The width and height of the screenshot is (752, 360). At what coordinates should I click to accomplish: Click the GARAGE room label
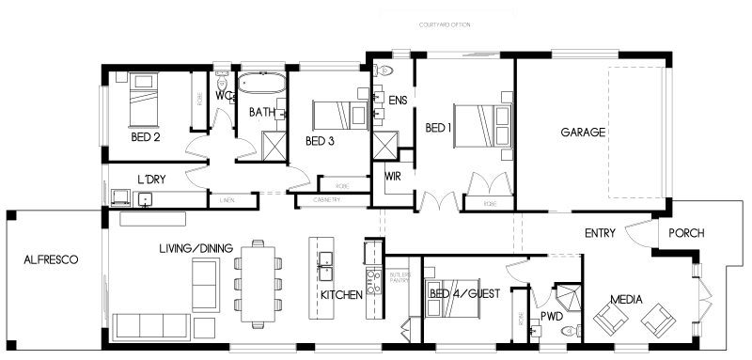point(583,133)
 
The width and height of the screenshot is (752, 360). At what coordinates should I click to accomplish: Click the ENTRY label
point(600,233)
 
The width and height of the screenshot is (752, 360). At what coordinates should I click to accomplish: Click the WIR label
point(393,176)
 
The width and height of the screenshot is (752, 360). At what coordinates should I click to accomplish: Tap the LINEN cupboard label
point(227,200)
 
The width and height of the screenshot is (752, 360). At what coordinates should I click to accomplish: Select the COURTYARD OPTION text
point(445,24)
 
